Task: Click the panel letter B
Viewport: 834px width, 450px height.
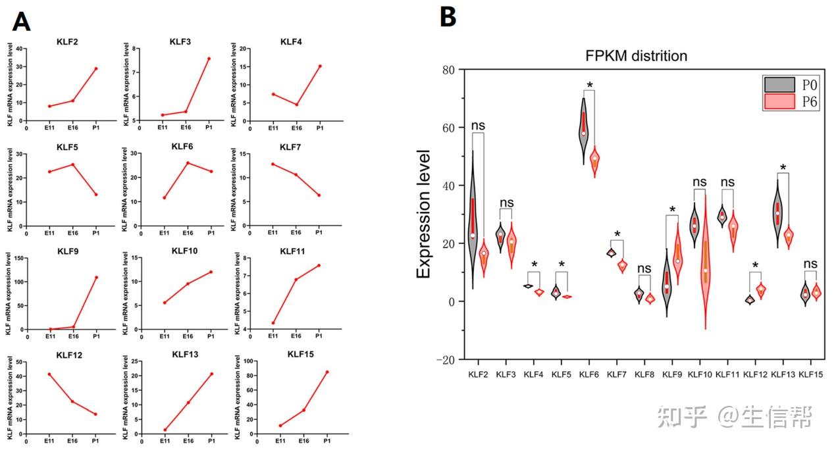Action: coord(447,16)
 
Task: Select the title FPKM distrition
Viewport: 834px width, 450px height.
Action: coord(637,56)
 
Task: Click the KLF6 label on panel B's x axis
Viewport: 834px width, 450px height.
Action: coord(588,374)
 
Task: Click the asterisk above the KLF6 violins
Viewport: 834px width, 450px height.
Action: coord(590,86)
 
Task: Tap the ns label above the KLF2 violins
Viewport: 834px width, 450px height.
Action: coord(478,126)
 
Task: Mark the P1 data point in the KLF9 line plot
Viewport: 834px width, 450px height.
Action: coord(96,277)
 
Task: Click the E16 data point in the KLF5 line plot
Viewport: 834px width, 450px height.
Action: coord(73,164)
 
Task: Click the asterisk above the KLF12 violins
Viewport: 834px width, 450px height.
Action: coord(755,266)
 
